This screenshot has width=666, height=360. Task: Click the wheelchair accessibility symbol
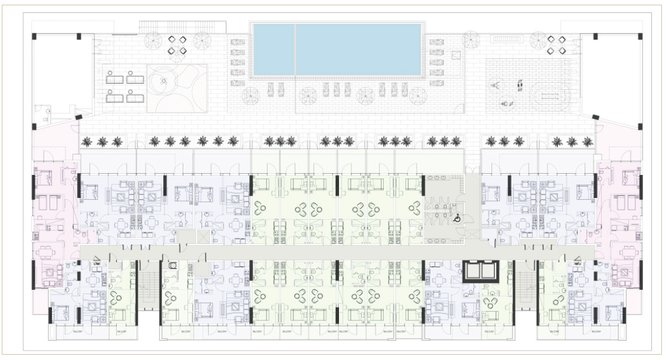pyautogui.click(x=457, y=218)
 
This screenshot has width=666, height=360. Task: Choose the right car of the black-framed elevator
pyautogui.click(x=489, y=272)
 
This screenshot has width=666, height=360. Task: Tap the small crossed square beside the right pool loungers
pyautogui.click(x=456, y=55)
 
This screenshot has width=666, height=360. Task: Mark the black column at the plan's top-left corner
pyautogui.click(x=34, y=37)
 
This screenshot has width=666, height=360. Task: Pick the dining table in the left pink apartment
pyautogui.click(x=46, y=254)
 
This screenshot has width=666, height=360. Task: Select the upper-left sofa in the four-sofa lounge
pyautogui.click(x=114, y=77)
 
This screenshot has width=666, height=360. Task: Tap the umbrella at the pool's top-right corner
pyautogui.click(x=470, y=39)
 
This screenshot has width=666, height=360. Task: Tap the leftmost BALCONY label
pyautogui.click(x=78, y=332)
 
